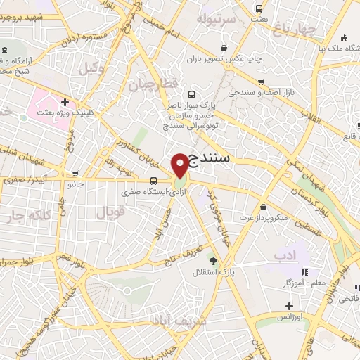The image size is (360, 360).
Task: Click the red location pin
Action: [181, 165]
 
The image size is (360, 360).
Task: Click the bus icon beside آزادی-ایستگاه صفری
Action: [154, 181]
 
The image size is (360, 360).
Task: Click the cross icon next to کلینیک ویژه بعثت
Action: [65, 103]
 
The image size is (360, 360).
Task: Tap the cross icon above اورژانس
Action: [289, 307]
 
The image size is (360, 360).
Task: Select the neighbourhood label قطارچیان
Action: [149, 84]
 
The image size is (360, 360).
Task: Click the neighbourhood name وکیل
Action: [91, 69]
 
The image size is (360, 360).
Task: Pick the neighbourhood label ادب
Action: [302, 253]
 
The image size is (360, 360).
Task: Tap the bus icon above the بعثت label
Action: [259, 9]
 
